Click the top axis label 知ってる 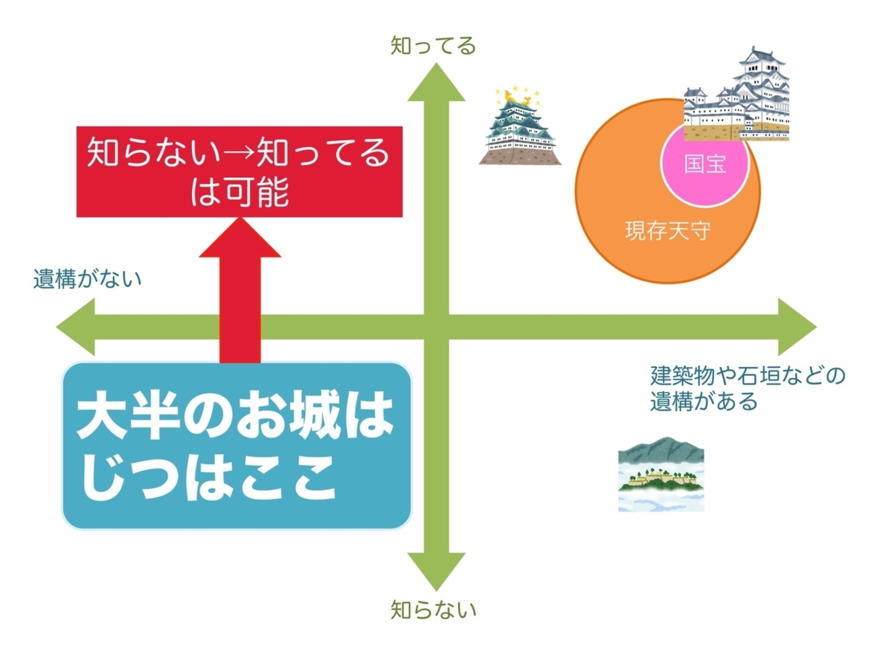point(433,46)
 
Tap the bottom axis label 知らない point(433,610)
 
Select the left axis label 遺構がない point(87,278)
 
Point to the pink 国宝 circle point(705,164)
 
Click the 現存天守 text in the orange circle point(668,231)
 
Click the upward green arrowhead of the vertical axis point(436,84)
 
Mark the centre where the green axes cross point(436,327)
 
